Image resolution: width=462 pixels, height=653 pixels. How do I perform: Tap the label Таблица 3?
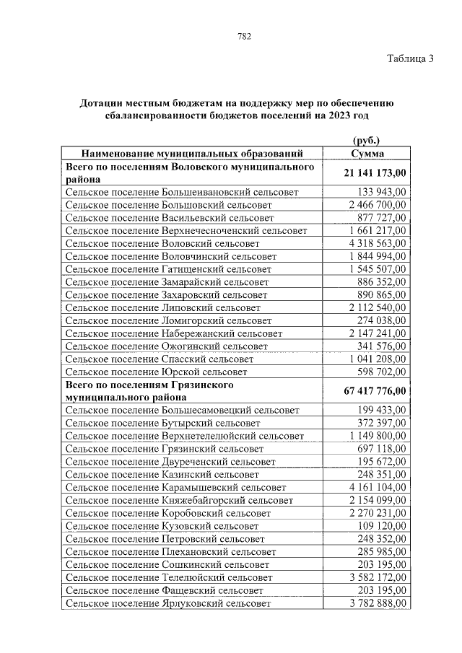click(410, 58)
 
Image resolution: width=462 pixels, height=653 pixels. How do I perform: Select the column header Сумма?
click(367, 154)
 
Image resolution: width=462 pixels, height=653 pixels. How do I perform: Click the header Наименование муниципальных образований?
click(192, 154)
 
